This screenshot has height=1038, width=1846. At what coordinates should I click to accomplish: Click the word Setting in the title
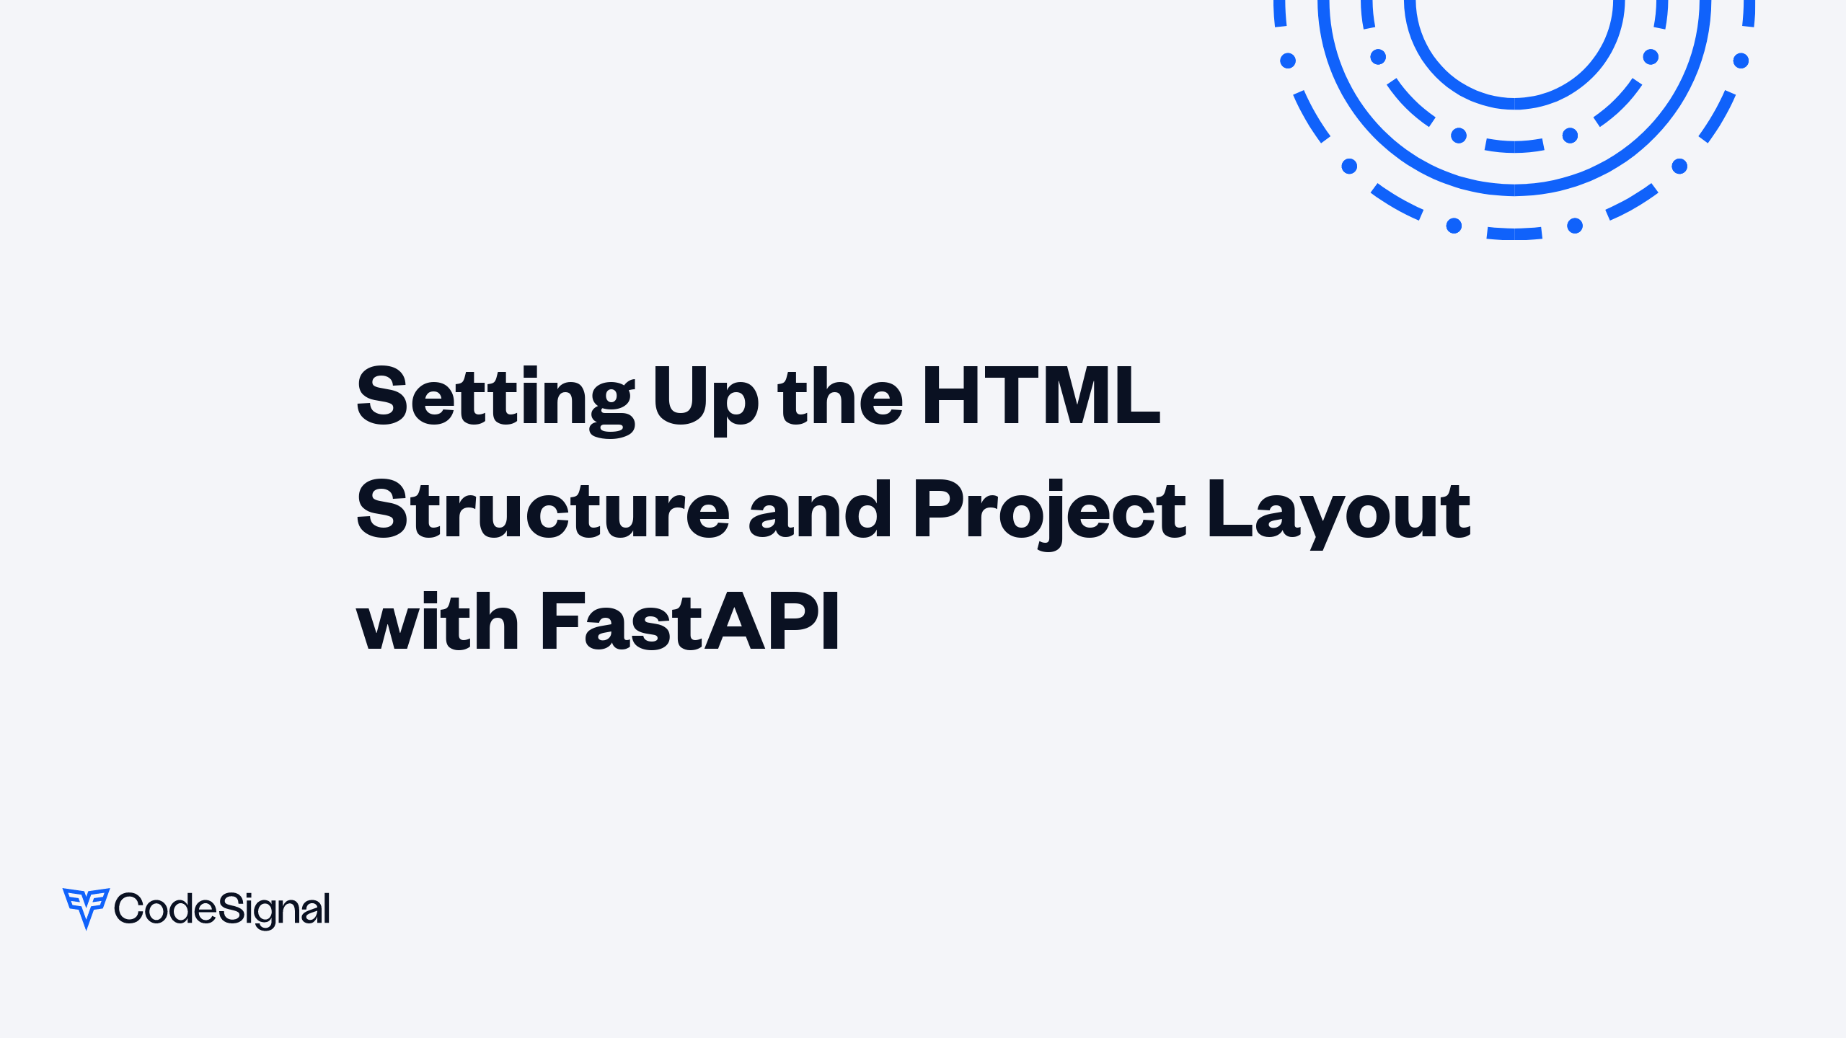tap(495, 396)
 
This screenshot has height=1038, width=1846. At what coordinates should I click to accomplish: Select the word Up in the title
tap(705, 396)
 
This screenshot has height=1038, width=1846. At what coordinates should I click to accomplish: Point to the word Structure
tap(543, 510)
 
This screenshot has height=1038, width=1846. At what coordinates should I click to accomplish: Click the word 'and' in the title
tap(820, 510)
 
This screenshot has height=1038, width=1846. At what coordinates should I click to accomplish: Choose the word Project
tap(1048, 510)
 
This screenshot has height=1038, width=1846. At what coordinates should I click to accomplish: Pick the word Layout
tap(1338, 510)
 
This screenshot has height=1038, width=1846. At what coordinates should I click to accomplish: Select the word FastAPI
tap(689, 621)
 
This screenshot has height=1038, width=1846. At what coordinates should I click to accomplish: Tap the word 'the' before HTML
tap(840, 396)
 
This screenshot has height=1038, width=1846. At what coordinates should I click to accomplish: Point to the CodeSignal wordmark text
tap(222, 909)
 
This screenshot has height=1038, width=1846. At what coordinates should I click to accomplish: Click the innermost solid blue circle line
tap(1514, 103)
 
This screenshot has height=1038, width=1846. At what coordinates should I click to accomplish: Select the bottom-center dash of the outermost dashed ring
tap(1514, 234)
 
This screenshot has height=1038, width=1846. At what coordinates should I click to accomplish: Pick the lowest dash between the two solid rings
tap(1514, 146)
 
